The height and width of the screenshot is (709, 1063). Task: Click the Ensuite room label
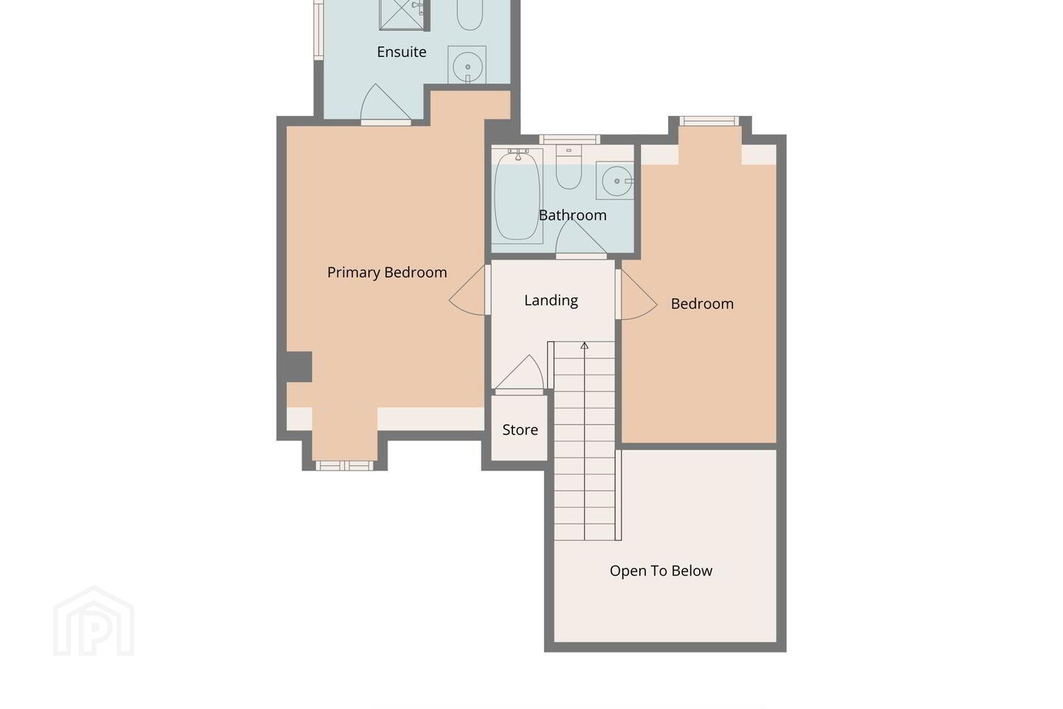pos(402,52)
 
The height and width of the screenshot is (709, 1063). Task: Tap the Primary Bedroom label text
pos(387,273)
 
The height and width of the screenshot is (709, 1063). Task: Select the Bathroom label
pos(572,215)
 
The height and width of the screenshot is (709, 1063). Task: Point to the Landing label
pos(551,301)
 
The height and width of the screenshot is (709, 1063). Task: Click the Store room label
pos(520,430)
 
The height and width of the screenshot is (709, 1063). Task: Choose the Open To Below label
pos(661,570)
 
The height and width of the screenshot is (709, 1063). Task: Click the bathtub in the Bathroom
pos(517,196)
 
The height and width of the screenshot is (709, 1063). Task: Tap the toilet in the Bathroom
pos(568,167)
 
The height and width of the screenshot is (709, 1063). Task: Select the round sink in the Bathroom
pos(616,181)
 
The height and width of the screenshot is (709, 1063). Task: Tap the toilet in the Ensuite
pos(469,14)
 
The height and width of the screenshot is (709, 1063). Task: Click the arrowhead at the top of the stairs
pos(584,345)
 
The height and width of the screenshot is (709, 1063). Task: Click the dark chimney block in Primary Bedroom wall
pos(299,366)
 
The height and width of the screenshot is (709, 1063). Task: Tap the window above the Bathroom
pos(569,139)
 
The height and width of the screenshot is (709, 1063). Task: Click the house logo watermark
pos(94,621)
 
